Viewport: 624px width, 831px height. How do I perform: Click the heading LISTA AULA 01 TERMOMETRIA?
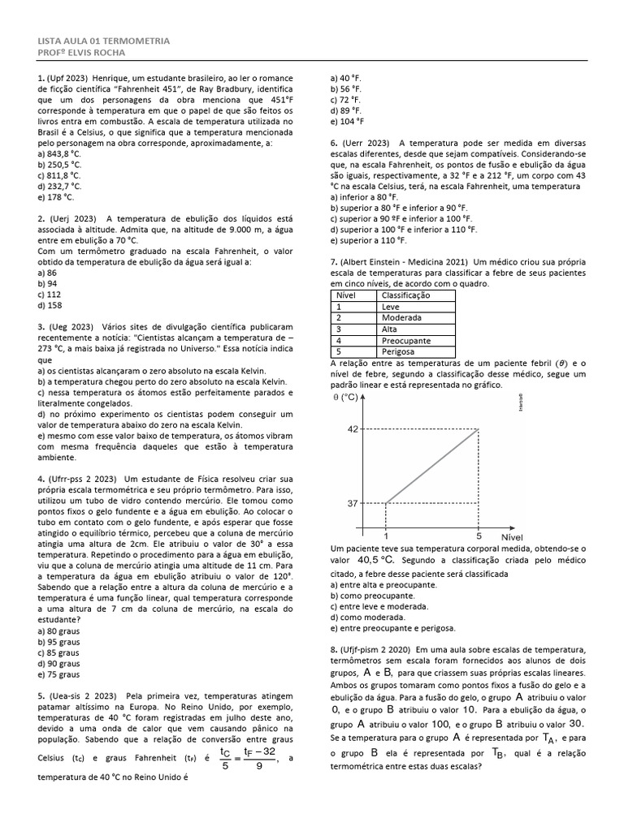[104, 41]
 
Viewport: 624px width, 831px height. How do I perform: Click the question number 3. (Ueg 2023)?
[66, 327]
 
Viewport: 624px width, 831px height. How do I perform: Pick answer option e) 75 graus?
[58, 674]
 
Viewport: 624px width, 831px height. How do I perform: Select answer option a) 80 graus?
[58, 631]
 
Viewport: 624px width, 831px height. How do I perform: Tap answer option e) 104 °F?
[347, 121]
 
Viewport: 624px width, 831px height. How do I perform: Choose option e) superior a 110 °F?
[368, 240]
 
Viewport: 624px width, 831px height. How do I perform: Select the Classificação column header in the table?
[405, 296]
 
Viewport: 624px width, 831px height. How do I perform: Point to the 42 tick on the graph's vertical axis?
[353, 428]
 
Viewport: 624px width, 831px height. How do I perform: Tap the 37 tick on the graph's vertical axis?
[353, 503]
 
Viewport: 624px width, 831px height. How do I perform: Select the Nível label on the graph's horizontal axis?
[512, 536]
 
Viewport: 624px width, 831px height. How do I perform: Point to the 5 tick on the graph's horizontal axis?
[479, 536]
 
